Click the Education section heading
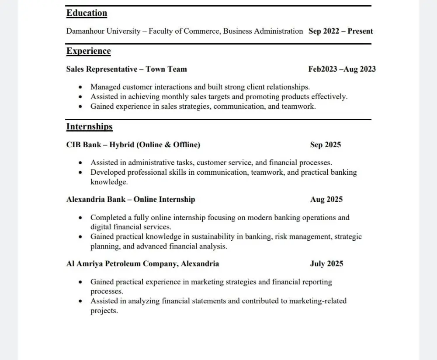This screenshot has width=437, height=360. (x=87, y=13)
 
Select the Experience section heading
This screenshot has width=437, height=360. (x=88, y=51)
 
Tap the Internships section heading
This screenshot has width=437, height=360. (x=89, y=127)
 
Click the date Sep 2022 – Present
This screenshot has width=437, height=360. (x=340, y=31)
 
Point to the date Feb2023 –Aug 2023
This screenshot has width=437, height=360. (x=342, y=69)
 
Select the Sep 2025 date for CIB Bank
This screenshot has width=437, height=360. (x=325, y=145)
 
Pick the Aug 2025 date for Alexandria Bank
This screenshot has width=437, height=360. (x=326, y=200)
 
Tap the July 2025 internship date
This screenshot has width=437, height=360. (x=326, y=263)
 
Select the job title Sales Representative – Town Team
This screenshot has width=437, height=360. (x=126, y=69)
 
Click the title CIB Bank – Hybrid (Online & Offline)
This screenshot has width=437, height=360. (x=133, y=145)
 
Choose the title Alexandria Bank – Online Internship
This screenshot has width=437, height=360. (x=131, y=200)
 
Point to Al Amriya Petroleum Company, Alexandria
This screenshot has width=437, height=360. (x=142, y=263)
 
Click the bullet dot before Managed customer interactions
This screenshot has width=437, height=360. (x=80, y=87)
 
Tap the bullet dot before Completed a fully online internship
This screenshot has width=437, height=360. (x=80, y=218)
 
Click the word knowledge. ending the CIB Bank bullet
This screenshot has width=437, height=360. (x=109, y=182)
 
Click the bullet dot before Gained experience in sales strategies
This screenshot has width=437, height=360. (x=80, y=107)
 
